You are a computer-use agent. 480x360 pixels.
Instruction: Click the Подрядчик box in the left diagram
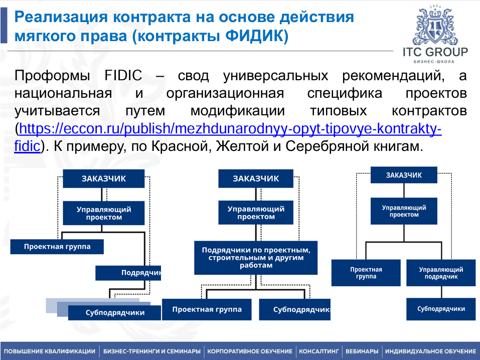tap(128, 273)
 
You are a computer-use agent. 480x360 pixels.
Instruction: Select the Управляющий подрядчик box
tap(441, 273)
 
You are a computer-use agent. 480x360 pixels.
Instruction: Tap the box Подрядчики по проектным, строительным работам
tap(256, 257)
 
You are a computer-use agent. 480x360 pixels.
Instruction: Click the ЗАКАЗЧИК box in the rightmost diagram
tap(404, 175)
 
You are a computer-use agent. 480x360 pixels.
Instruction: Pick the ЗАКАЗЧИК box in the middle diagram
tap(256, 178)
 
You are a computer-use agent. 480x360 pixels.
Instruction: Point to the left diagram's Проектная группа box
tap(57, 247)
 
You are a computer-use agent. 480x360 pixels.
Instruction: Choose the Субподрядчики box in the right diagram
tap(441, 309)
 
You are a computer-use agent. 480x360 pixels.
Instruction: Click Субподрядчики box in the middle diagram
tap(295, 309)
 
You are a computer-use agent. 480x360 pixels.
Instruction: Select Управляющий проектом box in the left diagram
tap(104, 213)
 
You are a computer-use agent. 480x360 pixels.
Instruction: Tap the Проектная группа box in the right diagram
tap(366, 273)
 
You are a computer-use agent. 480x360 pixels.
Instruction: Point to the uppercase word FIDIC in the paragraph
tap(123, 76)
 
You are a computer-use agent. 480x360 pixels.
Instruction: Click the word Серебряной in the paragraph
tap(340, 147)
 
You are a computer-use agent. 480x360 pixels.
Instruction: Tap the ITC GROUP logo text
tap(435, 53)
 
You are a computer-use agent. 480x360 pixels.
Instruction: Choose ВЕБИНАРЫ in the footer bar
tap(362, 351)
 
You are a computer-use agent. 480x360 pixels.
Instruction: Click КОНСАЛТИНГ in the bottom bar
tap(319, 351)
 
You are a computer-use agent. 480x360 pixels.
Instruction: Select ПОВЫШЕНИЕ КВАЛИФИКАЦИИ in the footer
tap(50, 351)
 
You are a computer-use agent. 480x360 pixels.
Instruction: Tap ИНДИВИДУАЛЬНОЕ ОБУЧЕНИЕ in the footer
tap(430, 351)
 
